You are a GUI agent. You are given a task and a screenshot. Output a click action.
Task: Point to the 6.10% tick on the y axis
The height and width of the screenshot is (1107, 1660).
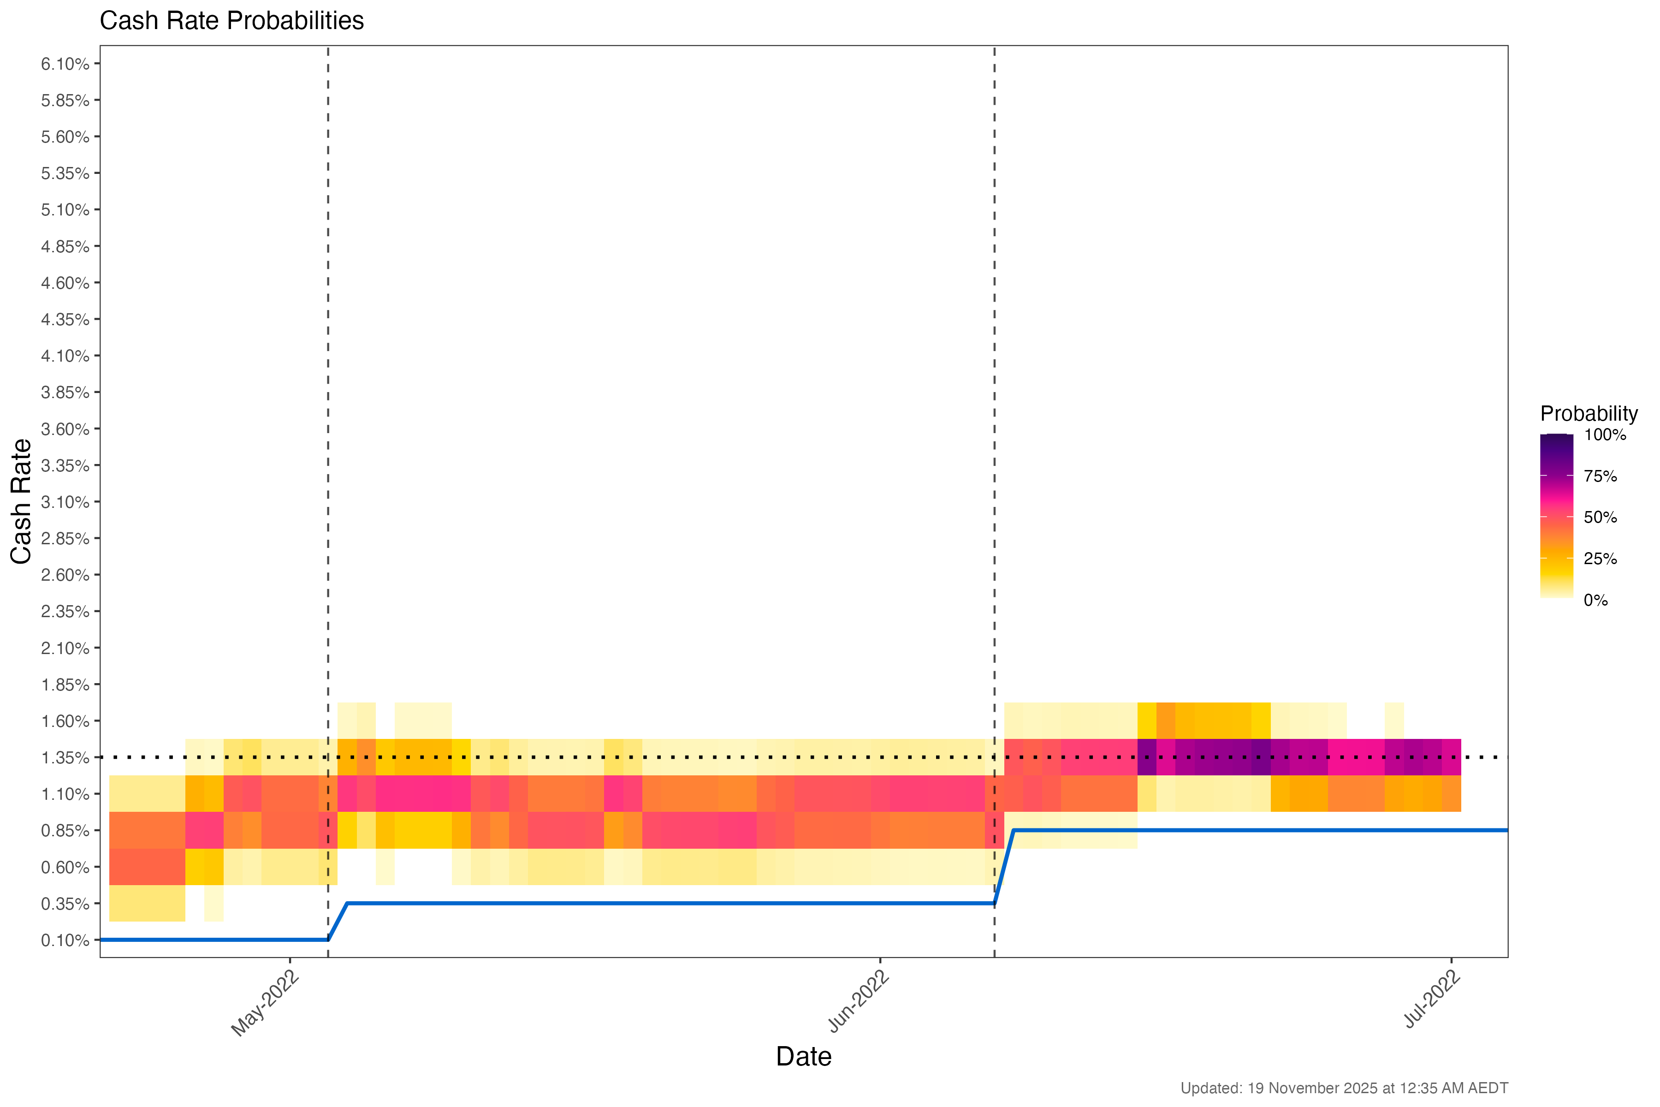tap(65, 64)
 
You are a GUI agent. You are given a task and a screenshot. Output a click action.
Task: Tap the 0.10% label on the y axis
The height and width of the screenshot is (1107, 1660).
tap(65, 940)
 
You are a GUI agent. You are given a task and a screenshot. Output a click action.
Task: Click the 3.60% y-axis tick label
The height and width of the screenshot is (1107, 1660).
tap(65, 429)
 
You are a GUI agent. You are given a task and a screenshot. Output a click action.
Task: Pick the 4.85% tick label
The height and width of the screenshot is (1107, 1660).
tap(65, 246)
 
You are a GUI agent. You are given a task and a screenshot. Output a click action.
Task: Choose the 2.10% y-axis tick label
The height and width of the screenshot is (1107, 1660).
tap(65, 648)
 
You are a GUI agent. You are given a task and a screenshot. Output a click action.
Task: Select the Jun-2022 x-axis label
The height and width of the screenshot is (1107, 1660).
tap(858, 1002)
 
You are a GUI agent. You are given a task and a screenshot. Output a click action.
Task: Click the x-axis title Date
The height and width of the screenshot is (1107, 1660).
tap(803, 1056)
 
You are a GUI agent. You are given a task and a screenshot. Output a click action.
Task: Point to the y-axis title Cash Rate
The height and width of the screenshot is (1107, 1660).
tap(21, 501)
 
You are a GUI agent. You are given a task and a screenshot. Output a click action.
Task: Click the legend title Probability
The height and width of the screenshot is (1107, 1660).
tap(1589, 414)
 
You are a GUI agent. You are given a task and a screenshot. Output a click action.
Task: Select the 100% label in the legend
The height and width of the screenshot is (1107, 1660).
tap(1605, 435)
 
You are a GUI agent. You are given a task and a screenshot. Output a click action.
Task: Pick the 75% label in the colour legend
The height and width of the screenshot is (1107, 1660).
tap(1600, 476)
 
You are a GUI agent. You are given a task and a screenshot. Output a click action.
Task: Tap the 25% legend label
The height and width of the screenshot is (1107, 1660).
tap(1600, 559)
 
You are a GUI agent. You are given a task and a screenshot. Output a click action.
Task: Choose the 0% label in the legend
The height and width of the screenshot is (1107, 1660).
tap(1596, 601)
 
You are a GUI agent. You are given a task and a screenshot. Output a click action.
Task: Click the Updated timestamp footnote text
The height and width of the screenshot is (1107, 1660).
tap(1344, 1088)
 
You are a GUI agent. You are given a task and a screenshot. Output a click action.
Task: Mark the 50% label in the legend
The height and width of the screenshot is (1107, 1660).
tap(1600, 518)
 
